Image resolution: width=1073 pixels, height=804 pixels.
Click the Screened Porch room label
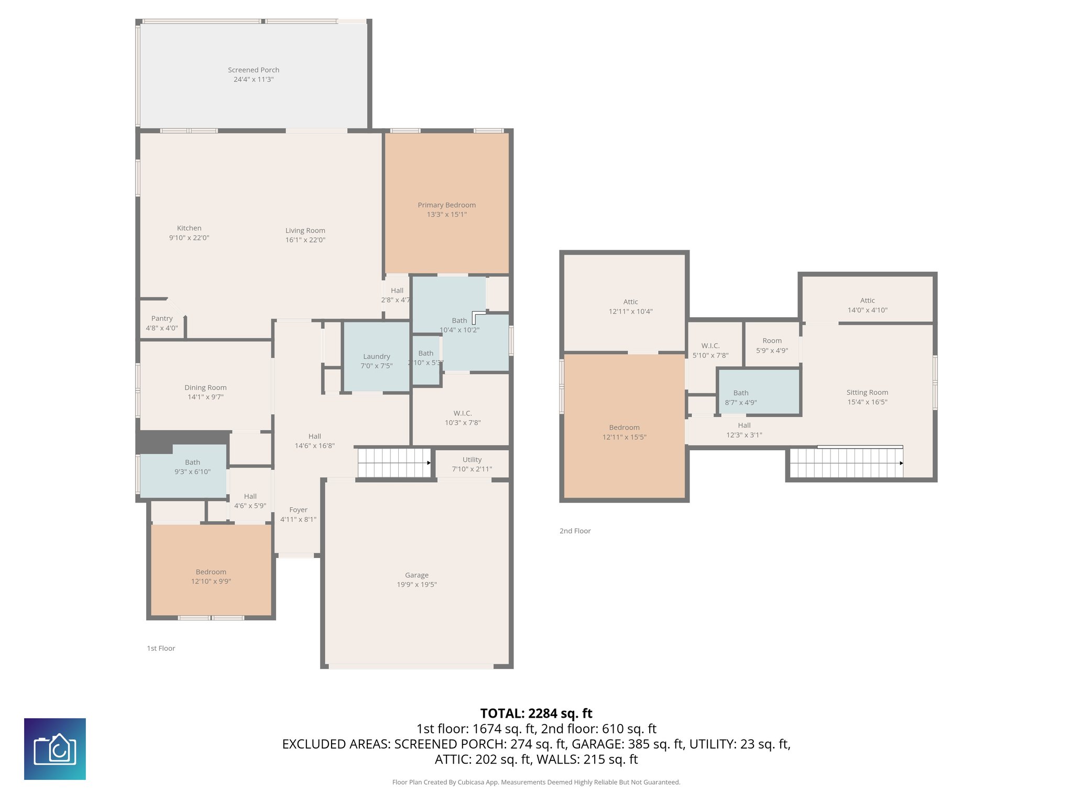(254, 70)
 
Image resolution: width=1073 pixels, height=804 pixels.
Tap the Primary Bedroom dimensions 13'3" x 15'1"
(446, 215)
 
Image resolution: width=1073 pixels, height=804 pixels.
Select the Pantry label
(162, 318)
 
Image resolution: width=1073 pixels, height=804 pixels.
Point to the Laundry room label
(376, 356)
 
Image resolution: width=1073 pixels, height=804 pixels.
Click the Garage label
(417, 575)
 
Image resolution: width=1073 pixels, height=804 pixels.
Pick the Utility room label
(472, 460)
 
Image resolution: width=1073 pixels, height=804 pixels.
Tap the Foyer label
(298, 510)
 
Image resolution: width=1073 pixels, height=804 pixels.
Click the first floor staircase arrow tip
(429, 463)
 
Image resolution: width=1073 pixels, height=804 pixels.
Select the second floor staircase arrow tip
(902, 463)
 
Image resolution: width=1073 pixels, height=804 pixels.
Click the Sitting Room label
(867, 393)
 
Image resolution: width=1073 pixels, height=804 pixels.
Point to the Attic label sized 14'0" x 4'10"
(867, 300)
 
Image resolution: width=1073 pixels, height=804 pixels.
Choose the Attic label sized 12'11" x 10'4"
(630, 302)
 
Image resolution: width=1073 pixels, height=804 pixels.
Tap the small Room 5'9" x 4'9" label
(772, 341)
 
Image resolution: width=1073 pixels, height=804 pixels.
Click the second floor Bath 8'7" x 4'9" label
(741, 393)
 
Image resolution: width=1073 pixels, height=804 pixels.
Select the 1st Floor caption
(161, 648)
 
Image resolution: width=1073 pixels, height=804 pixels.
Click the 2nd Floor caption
(575, 531)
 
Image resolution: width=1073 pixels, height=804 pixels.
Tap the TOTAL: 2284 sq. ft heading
(536, 713)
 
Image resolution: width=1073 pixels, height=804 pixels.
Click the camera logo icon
(55, 749)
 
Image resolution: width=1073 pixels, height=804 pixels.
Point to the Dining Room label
(205, 388)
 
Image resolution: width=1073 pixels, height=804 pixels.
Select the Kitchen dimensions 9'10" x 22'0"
(189, 238)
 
